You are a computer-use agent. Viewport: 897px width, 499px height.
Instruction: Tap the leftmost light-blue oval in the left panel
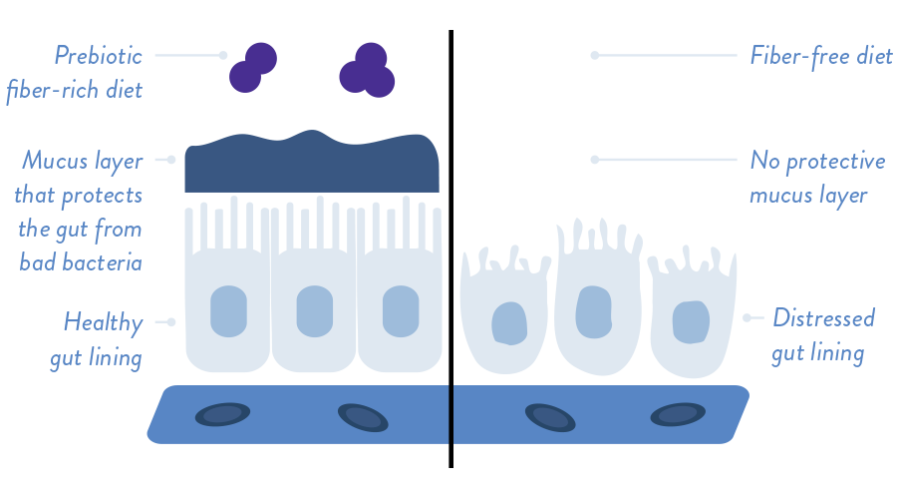tap(228, 311)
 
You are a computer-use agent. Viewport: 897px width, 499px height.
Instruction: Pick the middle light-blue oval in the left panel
tap(314, 311)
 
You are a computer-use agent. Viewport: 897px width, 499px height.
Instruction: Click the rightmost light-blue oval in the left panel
tap(401, 311)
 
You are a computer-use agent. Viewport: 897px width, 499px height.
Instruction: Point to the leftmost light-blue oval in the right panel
tap(509, 323)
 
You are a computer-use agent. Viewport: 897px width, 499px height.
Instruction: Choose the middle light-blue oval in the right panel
tap(593, 312)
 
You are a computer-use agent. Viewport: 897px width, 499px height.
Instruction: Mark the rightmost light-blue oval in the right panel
tap(691, 322)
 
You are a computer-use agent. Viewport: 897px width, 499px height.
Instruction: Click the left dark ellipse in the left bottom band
tap(222, 414)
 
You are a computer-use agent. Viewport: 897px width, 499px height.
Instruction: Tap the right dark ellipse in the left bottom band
tap(363, 417)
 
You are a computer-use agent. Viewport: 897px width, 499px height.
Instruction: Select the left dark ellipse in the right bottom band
tap(550, 417)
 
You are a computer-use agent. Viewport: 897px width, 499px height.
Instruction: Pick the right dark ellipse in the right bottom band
tap(678, 414)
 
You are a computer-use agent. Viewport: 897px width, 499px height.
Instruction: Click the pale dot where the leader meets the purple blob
tap(225, 56)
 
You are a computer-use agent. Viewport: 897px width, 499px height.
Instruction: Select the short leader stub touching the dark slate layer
tap(171, 160)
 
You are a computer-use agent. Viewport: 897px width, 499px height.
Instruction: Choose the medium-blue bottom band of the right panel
tap(797, 415)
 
